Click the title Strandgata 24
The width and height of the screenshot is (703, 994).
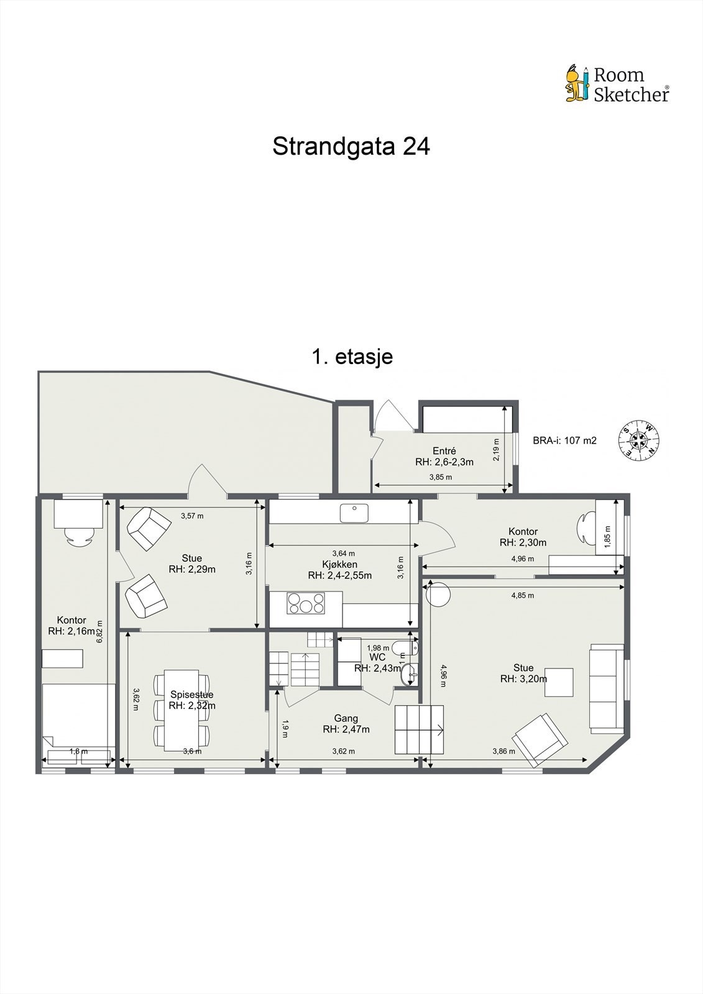pos(351,147)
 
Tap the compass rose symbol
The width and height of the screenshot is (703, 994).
pos(638,440)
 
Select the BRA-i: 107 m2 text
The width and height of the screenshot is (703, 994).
pos(564,440)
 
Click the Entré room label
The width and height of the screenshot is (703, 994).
pos(444,451)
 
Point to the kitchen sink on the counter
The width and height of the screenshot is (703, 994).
pos(354,513)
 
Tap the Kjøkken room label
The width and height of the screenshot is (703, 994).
pos(339,564)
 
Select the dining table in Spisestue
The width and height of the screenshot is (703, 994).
pos(181,710)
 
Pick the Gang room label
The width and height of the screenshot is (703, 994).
pos(346,718)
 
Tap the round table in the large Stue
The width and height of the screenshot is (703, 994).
pos(438,595)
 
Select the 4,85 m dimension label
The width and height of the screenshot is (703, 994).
pos(522,595)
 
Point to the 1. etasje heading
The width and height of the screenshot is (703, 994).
pos(352,357)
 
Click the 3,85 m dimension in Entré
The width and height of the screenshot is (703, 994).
pos(440,477)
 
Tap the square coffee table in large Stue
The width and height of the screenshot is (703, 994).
pos(559,682)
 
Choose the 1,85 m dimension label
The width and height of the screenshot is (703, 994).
pos(607,537)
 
